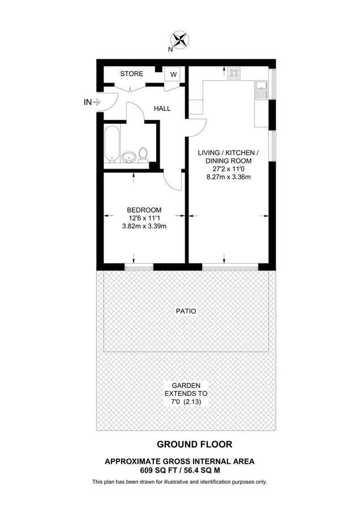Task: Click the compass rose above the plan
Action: coord(180,39)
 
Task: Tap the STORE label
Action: coord(131,74)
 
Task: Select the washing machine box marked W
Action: coord(173,75)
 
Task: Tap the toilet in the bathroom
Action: coord(143,154)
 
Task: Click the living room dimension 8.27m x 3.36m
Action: coord(228,176)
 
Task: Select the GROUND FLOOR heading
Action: coord(186,445)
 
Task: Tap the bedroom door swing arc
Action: coord(171,181)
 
